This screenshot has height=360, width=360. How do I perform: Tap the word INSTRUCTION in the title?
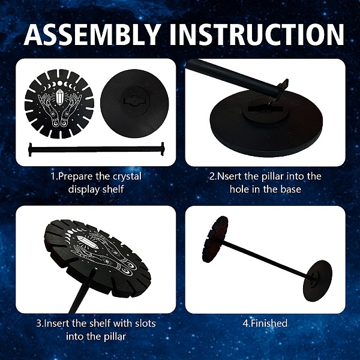tap(257, 34)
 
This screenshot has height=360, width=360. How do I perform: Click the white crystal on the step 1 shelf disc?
tap(60, 97)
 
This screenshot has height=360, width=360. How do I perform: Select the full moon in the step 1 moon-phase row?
tap(59, 83)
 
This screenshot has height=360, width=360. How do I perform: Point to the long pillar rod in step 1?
tap(97, 149)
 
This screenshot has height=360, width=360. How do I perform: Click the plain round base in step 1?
tap(134, 103)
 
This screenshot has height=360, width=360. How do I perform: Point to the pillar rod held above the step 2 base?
tap(236, 78)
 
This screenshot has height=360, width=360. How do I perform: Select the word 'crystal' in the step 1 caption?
tap(127, 177)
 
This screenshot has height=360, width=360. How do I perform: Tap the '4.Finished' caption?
tap(265, 323)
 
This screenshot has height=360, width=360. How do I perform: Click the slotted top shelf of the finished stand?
tap(215, 239)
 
